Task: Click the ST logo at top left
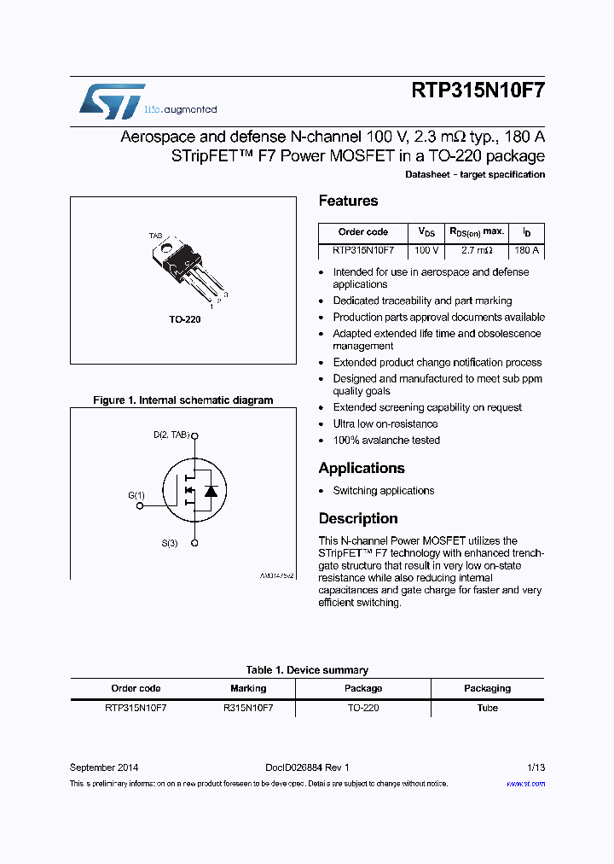coord(112,101)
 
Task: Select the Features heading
coord(348,201)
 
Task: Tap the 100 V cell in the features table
coord(426,251)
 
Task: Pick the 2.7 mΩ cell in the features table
coord(478,251)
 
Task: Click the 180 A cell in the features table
coord(526,251)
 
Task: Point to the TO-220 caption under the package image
coord(184,318)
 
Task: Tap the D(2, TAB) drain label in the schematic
coord(171,435)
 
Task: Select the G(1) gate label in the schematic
coord(136,495)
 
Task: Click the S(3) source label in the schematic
coord(170,543)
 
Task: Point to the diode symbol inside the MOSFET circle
coord(210,491)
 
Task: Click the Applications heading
coord(361,468)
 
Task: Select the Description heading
coord(358,518)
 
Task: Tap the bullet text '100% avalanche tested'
coord(386,441)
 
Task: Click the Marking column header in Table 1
coord(248,688)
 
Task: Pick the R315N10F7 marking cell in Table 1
coord(248,708)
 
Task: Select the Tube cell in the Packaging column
coord(487,708)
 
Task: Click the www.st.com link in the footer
coord(525,784)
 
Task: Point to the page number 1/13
coord(536,768)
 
